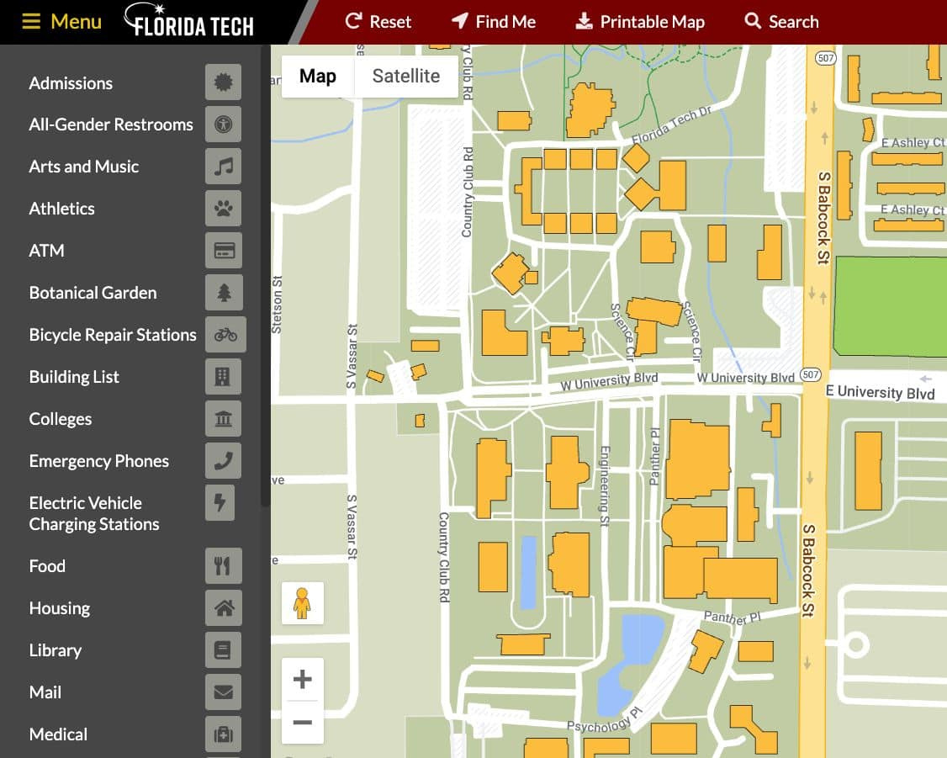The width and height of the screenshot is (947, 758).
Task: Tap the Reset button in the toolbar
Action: (x=378, y=22)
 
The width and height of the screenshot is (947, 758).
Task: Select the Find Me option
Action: (x=494, y=22)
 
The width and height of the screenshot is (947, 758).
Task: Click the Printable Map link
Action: (x=640, y=22)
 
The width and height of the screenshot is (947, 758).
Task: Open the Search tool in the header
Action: (x=781, y=22)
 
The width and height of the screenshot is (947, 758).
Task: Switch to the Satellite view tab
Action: (x=405, y=77)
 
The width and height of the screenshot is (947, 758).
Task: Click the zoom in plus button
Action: (x=302, y=679)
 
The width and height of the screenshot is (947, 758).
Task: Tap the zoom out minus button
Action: (x=302, y=722)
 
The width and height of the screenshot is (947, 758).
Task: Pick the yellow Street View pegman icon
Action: (x=302, y=603)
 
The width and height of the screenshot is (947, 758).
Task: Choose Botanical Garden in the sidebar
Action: (x=93, y=293)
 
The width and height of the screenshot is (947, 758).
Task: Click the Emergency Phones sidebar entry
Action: (x=98, y=461)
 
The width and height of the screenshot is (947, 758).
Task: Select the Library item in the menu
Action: (x=55, y=650)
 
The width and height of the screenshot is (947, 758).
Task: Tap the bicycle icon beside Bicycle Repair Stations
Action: (x=225, y=335)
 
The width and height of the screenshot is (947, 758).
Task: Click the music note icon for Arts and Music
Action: (x=223, y=167)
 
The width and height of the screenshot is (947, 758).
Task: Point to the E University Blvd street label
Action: (x=880, y=392)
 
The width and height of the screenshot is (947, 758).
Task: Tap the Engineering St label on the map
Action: (x=603, y=486)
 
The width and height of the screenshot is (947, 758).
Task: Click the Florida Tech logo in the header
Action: (x=189, y=22)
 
